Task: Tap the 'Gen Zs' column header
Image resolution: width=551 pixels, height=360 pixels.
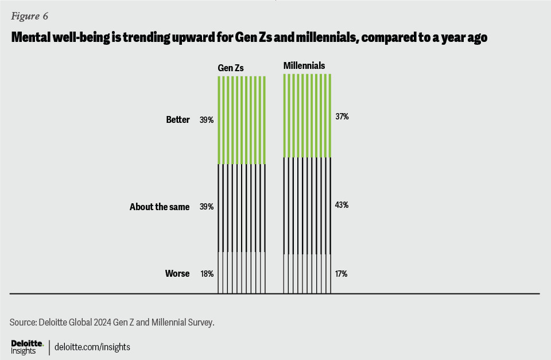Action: tap(231, 68)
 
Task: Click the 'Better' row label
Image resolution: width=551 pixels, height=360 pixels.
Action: tap(178, 120)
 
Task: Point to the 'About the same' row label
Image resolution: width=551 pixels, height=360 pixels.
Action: tap(160, 207)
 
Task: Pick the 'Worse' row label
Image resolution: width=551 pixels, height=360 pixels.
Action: tap(177, 274)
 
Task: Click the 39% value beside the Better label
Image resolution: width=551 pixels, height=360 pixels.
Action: tap(207, 120)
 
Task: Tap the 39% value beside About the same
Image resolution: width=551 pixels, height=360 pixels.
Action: tap(207, 207)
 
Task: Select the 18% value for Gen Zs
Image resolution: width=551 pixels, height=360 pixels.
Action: tap(207, 274)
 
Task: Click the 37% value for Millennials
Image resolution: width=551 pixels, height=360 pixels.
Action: tap(342, 117)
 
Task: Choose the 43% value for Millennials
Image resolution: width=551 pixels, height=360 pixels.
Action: tap(342, 205)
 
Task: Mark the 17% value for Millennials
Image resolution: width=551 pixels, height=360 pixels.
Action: tap(342, 274)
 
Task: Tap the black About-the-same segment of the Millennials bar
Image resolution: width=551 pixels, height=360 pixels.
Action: tap(308, 205)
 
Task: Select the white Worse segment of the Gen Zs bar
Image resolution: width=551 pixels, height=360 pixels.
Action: tap(242, 273)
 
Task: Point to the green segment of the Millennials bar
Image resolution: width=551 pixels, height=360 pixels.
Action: tap(308, 115)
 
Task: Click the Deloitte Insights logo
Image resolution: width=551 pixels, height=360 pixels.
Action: tap(26, 347)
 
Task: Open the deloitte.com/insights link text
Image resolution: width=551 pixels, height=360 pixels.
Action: tap(92, 347)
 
